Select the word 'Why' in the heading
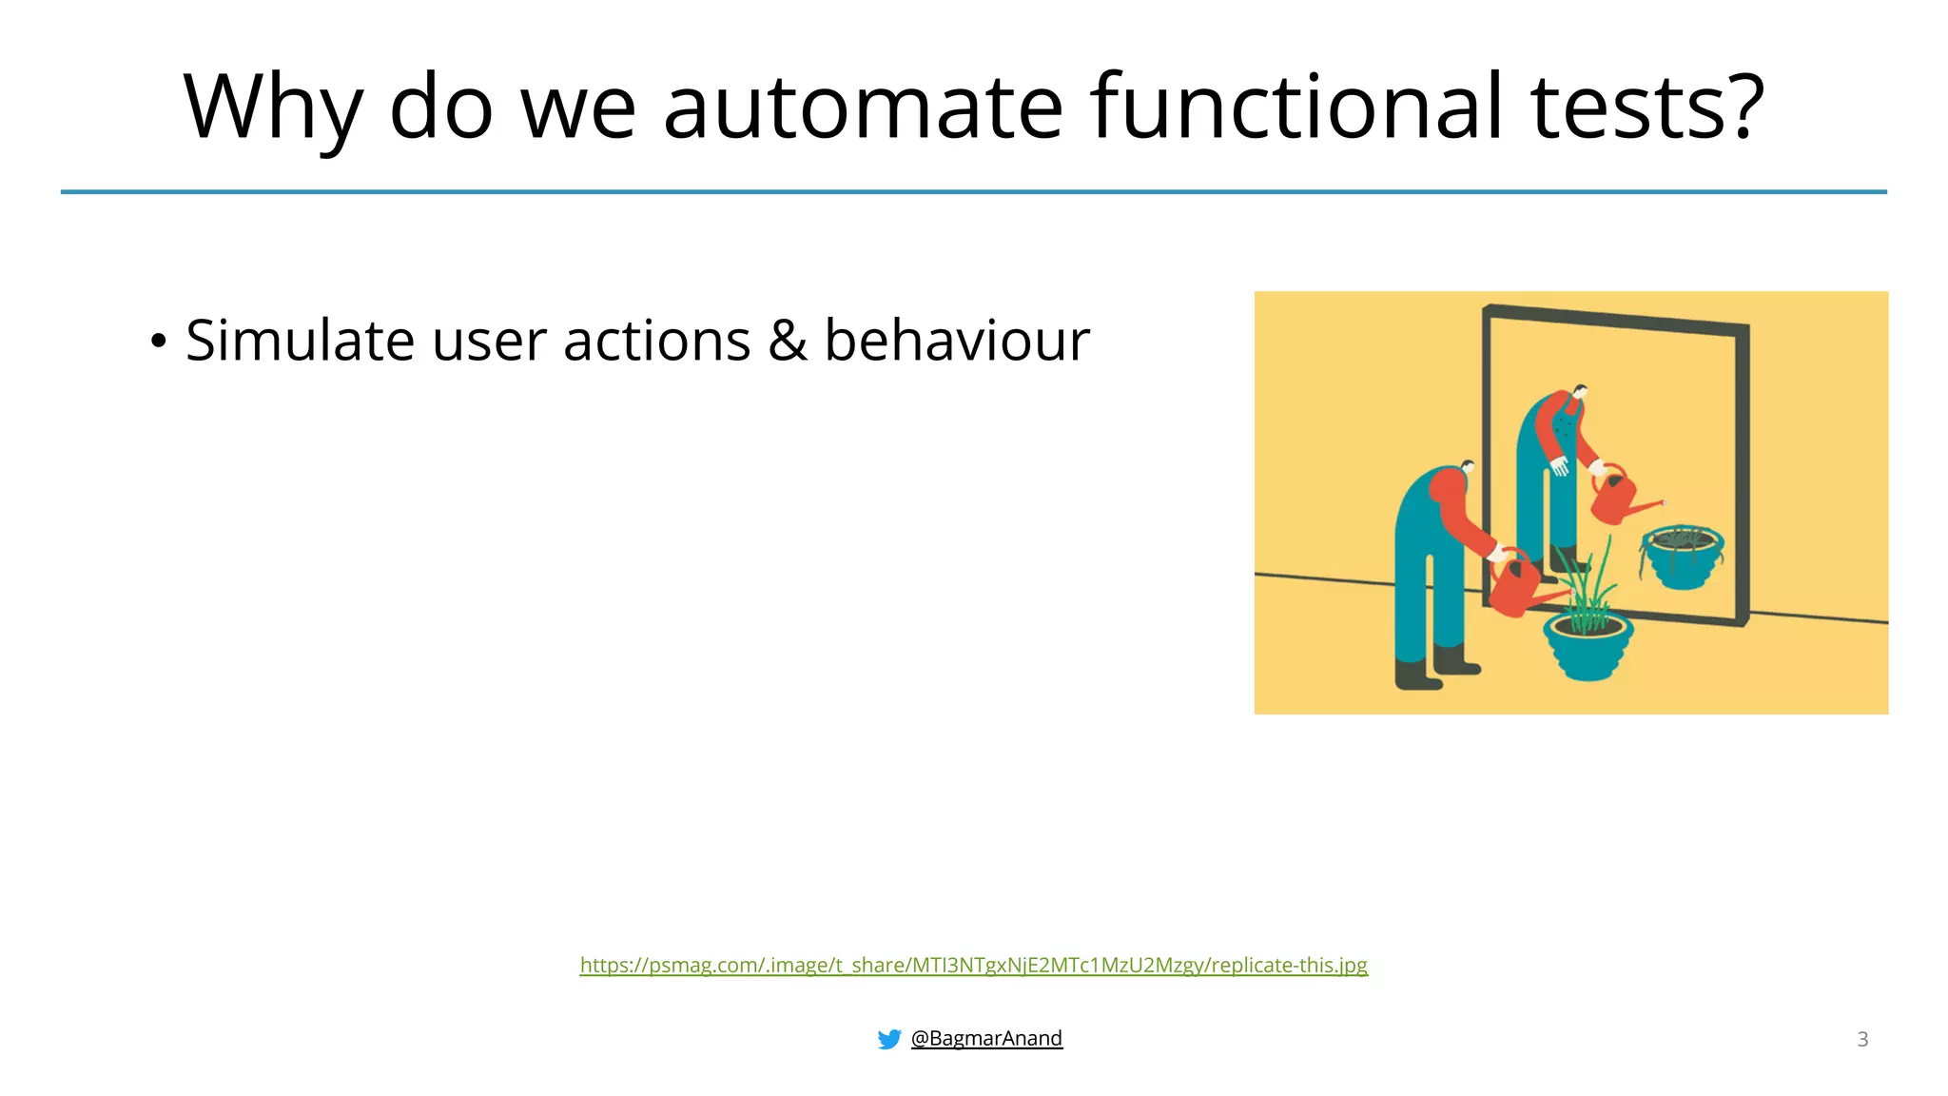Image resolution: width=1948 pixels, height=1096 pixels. point(273,109)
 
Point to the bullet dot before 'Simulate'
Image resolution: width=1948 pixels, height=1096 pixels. point(158,341)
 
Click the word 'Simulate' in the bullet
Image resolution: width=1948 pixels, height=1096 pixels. point(300,341)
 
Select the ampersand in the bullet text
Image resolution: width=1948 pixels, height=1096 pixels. point(787,341)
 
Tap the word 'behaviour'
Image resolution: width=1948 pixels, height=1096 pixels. point(956,341)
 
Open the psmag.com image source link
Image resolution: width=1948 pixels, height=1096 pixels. point(973,965)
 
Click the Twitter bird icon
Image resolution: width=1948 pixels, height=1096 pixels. point(889,1039)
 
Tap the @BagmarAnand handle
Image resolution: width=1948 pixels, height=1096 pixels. point(986,1038)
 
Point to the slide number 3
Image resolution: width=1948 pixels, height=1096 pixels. point(1862,1039)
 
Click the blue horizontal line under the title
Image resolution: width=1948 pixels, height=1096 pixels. point(973,192)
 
